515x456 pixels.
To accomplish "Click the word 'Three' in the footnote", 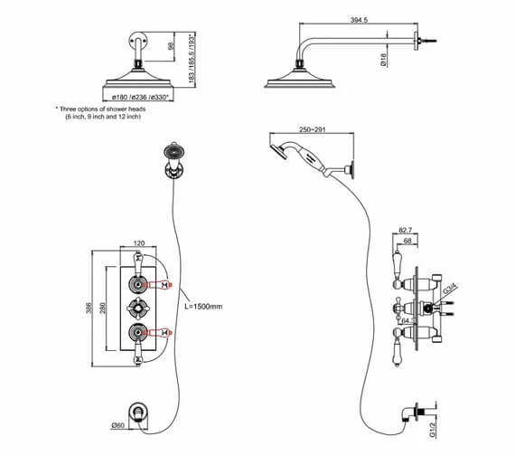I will (x=75, y=109).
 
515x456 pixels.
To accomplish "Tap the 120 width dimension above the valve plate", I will (x=139, y=244).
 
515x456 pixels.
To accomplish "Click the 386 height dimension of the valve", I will (x=89, y=308).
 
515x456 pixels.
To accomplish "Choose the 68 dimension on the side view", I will (x=409, y=242).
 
